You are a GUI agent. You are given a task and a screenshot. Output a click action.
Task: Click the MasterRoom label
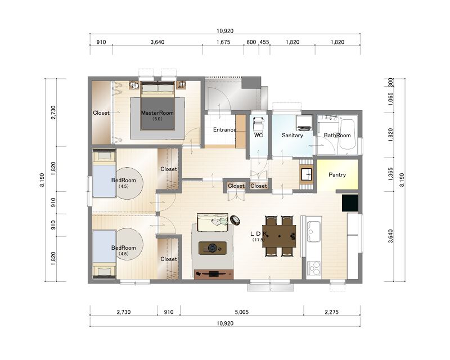157,113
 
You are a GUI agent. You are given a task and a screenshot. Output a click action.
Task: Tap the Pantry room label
337,174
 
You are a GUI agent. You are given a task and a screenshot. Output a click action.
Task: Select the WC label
258,135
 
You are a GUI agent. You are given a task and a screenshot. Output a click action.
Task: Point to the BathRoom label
337,135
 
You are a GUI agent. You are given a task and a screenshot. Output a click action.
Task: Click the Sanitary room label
292,135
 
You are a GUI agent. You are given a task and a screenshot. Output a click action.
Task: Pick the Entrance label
224,130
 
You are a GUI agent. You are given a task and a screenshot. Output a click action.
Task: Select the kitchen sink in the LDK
314,232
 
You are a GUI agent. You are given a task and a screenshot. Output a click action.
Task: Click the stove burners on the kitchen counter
313,268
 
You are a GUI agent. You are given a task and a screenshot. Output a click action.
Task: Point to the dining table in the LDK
279,236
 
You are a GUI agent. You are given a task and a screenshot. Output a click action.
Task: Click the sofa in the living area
213,222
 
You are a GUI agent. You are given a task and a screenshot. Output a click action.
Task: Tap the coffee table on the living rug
213,247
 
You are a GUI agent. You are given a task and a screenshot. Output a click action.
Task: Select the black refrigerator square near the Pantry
350,203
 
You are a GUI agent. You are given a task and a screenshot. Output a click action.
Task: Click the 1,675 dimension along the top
223,42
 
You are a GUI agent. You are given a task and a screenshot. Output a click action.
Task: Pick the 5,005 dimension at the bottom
242,312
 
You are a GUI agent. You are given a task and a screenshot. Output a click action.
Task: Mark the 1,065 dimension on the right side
390,99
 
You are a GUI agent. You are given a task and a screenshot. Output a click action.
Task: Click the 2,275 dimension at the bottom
332,312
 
